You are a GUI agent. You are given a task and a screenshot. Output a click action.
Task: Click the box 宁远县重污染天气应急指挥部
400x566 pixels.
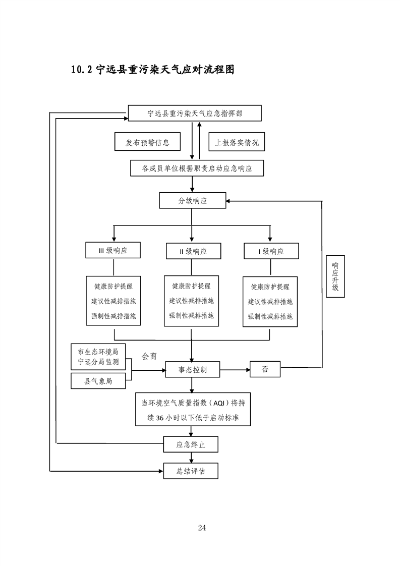coord(195,114)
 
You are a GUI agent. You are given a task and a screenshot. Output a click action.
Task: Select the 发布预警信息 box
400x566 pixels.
coord(147,141)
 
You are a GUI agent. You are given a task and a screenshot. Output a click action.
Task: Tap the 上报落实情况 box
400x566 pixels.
coord(237,141)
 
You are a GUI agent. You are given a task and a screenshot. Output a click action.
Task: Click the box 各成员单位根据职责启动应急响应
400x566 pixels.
coord(197,168)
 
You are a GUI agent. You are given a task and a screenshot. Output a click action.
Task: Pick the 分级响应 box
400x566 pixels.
coord(192,200)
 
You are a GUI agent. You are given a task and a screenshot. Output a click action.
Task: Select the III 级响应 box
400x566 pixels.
coord(113,250)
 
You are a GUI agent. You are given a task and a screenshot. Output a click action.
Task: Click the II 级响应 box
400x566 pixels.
coord(194,251)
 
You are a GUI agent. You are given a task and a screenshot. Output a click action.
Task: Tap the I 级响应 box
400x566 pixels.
coord(271,251)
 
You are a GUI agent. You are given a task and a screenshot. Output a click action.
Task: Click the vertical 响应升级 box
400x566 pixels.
coord(335,276)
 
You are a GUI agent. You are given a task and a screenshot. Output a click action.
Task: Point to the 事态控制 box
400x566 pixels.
coord(192,370)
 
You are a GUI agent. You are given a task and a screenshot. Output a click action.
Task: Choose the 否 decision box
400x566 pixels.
coord(265,369)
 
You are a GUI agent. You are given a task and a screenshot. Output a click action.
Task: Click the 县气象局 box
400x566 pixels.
coord(98,381)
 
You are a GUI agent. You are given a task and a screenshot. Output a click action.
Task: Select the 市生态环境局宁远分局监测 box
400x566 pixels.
coord(98,357)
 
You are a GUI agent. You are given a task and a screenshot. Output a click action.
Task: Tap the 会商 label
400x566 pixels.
coord(149,356)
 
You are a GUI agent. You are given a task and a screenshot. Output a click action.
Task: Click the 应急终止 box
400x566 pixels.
coord(191,444)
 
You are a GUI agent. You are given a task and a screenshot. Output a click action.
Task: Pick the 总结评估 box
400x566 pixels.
coord(191,471)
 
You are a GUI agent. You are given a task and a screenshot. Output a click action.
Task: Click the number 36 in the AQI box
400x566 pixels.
coord(160,418)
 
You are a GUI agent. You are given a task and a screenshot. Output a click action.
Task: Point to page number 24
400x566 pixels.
coord(202,528)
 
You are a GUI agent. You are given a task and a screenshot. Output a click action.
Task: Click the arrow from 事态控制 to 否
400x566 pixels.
coord(235,370)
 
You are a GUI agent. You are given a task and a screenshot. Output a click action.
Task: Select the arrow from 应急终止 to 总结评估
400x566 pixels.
coord(191,458)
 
